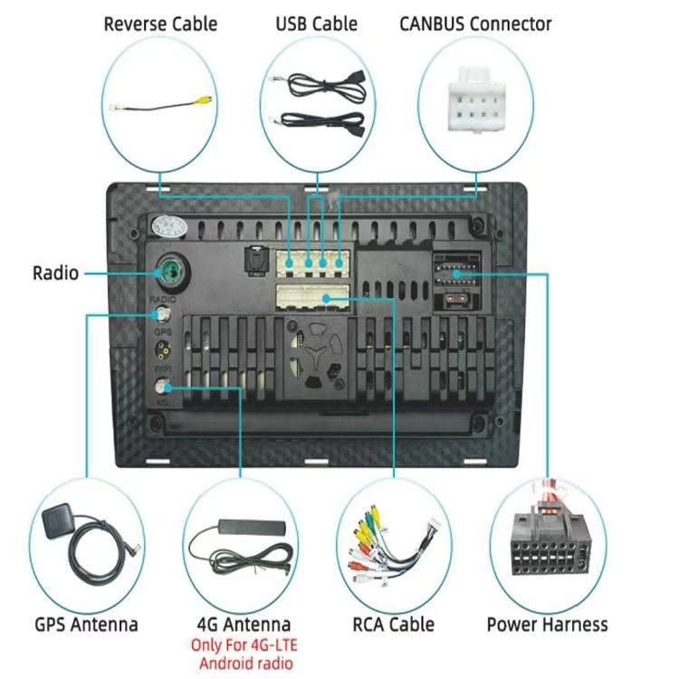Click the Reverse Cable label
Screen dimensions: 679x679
point(160,23)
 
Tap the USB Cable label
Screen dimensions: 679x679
point(316,23)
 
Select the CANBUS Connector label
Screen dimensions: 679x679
point(475,23)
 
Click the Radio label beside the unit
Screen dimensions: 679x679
point(55,272)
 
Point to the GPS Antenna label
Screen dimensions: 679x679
point(86,624)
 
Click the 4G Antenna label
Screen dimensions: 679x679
point(244,624)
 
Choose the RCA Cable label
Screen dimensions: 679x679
point(393,624)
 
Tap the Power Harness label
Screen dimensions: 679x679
point(547,624)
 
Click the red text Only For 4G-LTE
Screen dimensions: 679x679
point(244,646)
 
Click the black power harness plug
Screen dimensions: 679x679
point(547,548)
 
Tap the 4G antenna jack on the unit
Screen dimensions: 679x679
point(164,390)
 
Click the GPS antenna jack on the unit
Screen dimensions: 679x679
point(164,314)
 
